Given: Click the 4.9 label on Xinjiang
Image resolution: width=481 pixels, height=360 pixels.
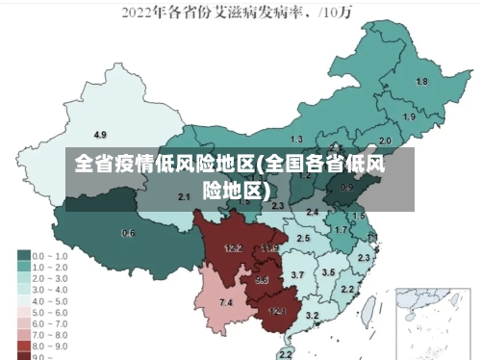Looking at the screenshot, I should (x=100, y=134).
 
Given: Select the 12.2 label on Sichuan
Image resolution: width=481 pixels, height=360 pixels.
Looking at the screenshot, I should (x=233, y=248).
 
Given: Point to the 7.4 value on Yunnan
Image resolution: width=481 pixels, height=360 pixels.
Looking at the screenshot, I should (x=226, y=303).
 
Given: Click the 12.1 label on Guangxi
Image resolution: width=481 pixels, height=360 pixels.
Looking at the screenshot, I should (x=277, y=311).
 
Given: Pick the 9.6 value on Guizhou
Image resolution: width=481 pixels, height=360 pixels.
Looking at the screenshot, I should (x=262, y=280).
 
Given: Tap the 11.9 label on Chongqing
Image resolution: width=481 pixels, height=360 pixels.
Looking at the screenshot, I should (x=269, y=248).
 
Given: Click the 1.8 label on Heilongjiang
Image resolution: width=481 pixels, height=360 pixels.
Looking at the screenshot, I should (x=421, y=82).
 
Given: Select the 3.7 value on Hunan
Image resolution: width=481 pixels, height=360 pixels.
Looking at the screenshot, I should (x=297, y=275).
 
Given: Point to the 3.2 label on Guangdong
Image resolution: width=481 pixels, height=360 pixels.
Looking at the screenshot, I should (x=312, y=316).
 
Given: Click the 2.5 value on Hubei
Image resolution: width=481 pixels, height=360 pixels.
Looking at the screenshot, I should (x=303, y=238).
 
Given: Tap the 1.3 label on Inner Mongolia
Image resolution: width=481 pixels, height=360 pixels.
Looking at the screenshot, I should (x=296, y=140).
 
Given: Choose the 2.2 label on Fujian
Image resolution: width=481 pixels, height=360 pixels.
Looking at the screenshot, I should (x=347, y=289).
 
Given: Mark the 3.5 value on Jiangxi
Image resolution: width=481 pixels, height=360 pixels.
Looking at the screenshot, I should (x=328, y=272).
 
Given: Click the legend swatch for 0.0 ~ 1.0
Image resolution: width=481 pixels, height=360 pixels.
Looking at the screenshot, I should (x=24, y=256).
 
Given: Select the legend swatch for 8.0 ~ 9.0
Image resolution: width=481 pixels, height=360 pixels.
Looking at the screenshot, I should (x=24, y=345).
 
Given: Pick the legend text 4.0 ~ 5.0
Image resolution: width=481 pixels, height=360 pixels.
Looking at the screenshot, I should (x=51, y=300).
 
